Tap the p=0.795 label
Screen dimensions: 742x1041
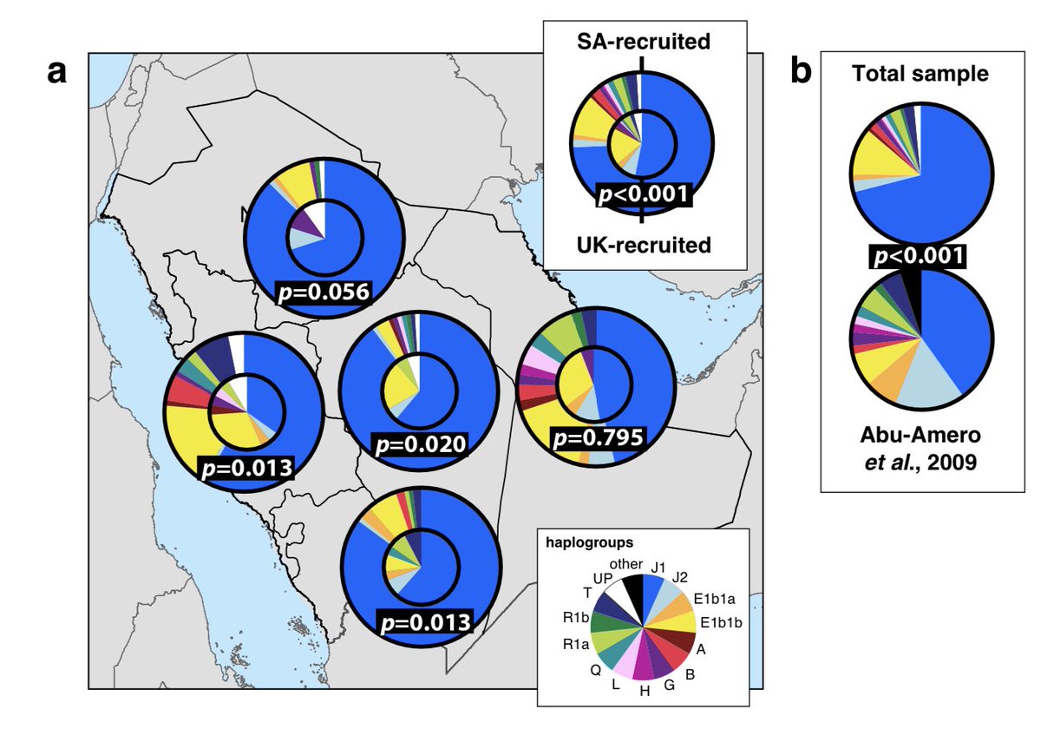point(598,437)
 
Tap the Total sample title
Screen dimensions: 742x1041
point(920,74)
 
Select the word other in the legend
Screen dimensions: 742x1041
point(621,565)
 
